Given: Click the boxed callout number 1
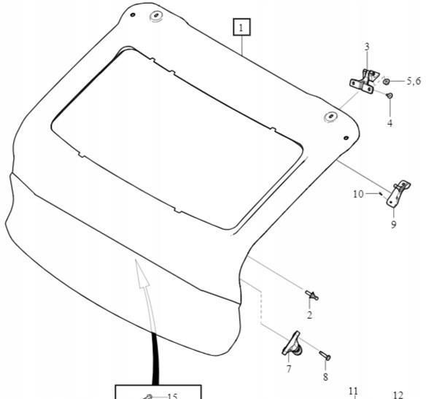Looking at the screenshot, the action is pos(241,27).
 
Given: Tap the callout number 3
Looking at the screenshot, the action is pos(367,47).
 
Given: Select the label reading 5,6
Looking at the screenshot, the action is pos(414,81).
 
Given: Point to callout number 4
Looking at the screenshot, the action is pos(390,123).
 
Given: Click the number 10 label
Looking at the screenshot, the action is pos(358,194).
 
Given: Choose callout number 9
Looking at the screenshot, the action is pos(394,225).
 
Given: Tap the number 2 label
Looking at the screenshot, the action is pos(309,315).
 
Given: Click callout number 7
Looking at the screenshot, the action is pos(289,368).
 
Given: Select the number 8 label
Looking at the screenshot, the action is pos(325,377).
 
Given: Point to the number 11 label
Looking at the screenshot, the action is pos(353,391).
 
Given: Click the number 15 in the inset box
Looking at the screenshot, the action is pos(172,396).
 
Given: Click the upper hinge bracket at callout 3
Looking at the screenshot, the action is pos(363,81).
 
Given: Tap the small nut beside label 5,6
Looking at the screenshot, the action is pos(386,81).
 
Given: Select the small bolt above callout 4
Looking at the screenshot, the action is pos(390,96).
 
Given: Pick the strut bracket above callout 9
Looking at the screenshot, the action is pos(398,194).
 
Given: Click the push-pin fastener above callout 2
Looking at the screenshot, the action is pos(311,295).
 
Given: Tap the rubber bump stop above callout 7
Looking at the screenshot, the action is pos(292,344).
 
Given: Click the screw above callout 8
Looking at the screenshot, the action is pos(325,355).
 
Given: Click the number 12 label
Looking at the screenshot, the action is pos(398,395).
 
